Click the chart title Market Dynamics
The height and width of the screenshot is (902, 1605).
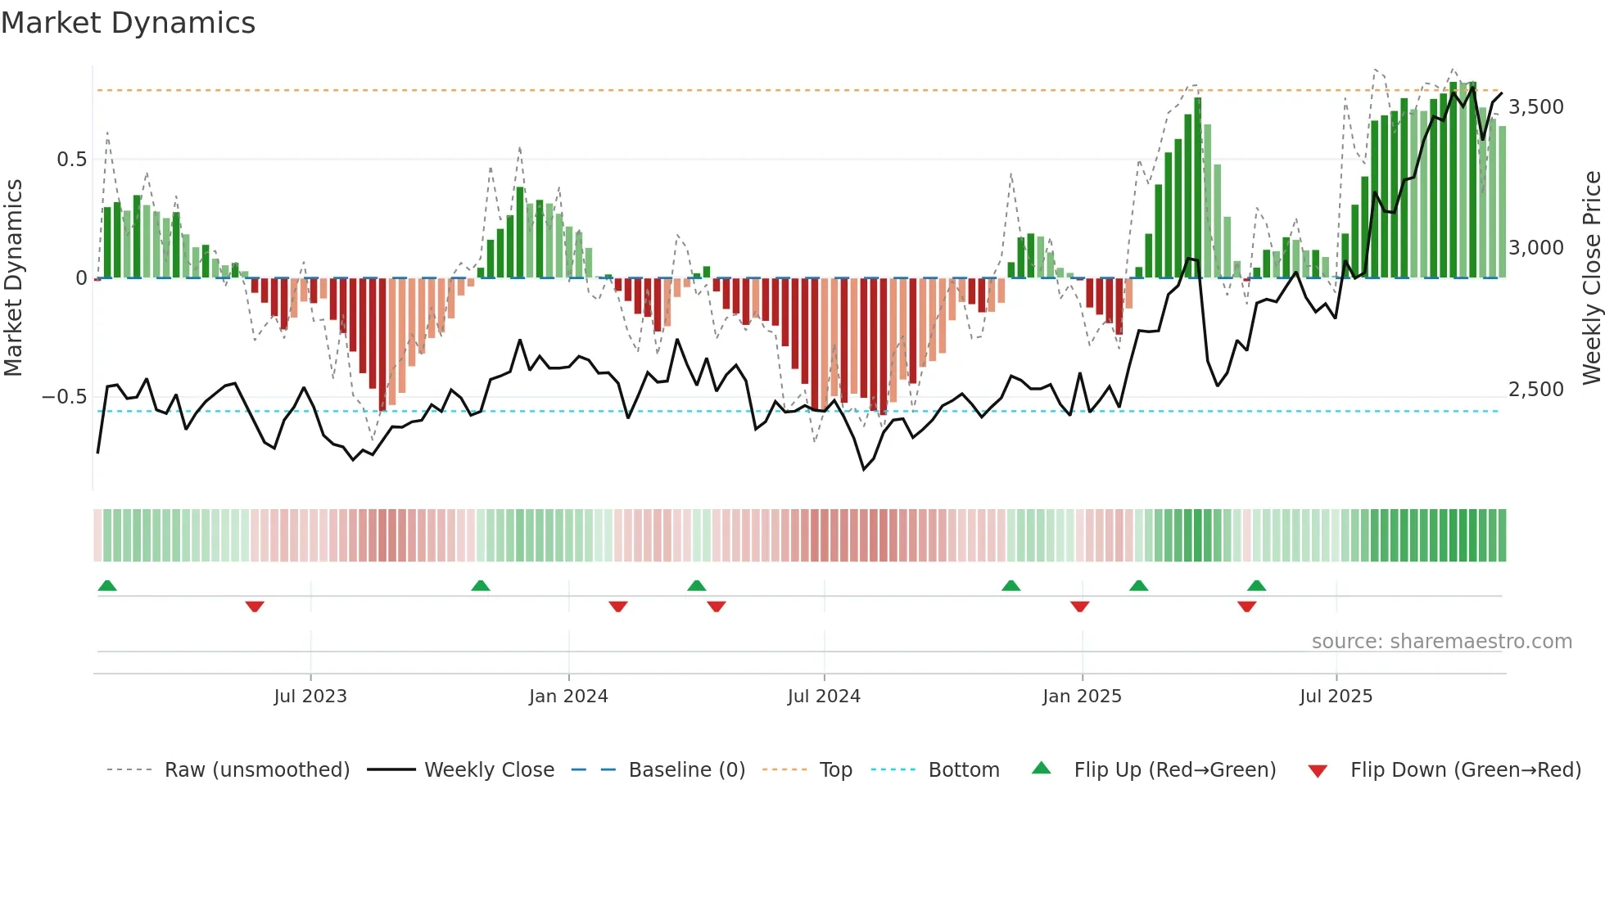[129, 23]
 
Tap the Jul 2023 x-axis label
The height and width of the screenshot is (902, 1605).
[310, 697]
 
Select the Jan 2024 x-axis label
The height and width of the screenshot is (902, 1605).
[568, 697]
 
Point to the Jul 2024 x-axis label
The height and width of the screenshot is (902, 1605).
[824, 697]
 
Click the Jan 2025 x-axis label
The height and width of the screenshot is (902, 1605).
[1082, 697]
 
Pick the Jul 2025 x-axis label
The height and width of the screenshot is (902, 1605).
[1336, 697]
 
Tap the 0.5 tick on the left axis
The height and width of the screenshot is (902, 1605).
[72, 160]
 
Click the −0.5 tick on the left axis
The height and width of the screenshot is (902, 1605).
[65, 397]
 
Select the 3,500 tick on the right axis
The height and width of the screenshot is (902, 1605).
[1536, 107]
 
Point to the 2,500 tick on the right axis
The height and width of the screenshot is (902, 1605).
[1536, 390]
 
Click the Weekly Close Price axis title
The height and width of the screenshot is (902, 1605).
[1591, 278]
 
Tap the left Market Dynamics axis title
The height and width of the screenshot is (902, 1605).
[13, 278]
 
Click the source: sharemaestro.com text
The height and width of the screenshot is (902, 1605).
[1441, 642]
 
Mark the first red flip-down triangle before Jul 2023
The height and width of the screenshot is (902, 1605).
[255, 607]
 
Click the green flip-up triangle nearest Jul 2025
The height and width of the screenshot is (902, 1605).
[1257, 585]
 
